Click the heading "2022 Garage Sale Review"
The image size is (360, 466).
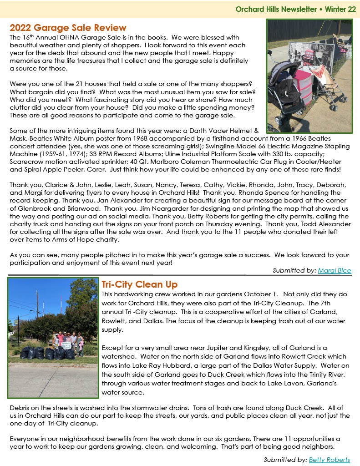(68, 28)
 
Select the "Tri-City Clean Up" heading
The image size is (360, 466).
(139, 284)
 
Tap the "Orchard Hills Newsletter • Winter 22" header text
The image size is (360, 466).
(295, 9)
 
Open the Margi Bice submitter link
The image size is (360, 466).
(335, 270)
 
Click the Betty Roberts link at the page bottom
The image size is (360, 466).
(330, 460)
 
